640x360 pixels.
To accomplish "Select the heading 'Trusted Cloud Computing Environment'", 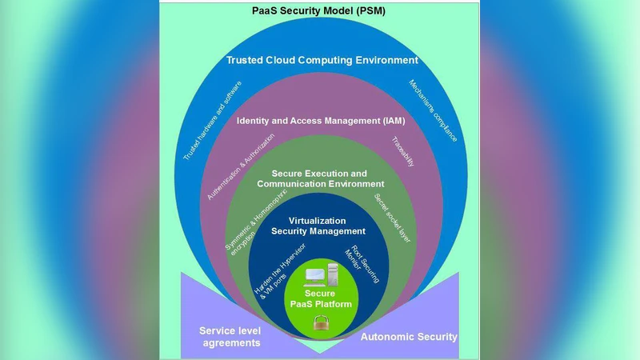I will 321,60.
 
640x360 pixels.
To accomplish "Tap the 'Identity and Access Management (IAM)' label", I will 321,122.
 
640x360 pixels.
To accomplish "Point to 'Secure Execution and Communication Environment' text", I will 321,178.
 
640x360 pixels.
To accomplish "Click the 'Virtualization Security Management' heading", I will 318,226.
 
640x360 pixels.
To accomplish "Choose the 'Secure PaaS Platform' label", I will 320,299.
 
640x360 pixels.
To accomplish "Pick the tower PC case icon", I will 334,274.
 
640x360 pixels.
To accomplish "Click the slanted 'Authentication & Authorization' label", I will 237,167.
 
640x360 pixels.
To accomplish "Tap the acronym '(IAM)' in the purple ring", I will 390,122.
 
